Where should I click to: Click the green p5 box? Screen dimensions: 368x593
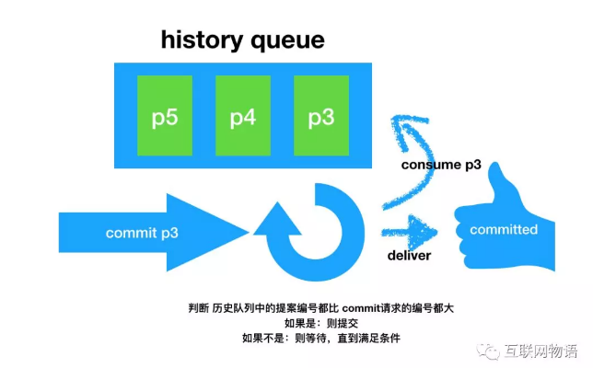(165, 116)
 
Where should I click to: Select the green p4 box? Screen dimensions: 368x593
(243, 116)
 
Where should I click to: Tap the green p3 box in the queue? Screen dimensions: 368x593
(321, 116)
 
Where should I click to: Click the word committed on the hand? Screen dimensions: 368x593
(503, 229)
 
